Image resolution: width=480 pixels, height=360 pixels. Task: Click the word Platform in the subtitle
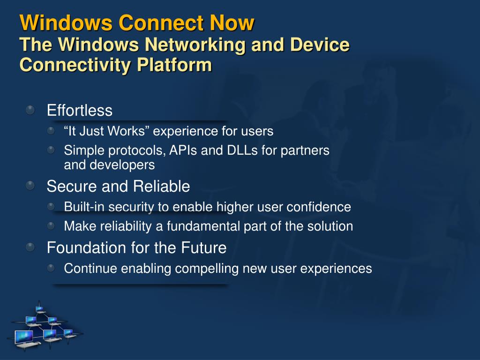pos(174,65)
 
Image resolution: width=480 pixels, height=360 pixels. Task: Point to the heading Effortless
pos(80,110)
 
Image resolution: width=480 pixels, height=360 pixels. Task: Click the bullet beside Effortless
pos(30,110)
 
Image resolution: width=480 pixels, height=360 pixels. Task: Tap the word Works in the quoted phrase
pos(126,131)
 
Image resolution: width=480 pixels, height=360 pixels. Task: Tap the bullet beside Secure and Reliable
pos(30,185)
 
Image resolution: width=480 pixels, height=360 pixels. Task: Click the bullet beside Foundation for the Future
pos(30,247)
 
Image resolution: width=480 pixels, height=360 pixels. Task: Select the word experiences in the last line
pos(336,269)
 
